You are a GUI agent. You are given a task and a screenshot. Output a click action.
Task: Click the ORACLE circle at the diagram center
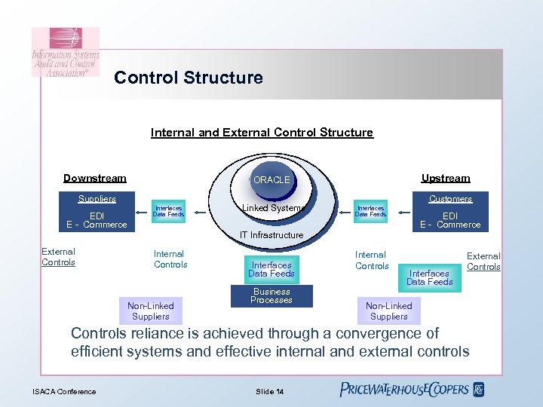[x=271, y=179]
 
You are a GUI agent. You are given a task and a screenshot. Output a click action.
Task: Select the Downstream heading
[x=95, y=179]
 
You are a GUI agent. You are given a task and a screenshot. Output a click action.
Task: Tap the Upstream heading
[x=445, y=179]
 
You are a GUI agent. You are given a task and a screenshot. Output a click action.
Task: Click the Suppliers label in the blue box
[x=97, y=199]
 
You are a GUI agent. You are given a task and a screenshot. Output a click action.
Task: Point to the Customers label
[x=450, y=199]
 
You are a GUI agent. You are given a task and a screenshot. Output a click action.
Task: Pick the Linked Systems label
[x=273, y=208]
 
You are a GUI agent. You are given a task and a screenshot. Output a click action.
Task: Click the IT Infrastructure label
[x=271, y=235]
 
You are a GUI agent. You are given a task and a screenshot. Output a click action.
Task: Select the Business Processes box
[x=271, y=295]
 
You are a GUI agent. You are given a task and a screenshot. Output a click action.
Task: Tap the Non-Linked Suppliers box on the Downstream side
[x=150, y=311]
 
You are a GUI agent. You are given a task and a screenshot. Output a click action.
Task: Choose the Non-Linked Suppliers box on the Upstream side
[x=388, y=311]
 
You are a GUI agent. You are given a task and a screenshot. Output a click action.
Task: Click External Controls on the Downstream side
[x=58, y=257]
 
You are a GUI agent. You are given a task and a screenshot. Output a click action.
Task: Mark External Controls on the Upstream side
[x=483, y=262]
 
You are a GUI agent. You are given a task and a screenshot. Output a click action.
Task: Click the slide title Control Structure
[x=189, y=78]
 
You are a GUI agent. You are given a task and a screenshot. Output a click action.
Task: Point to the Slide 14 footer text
[x=269, y=391]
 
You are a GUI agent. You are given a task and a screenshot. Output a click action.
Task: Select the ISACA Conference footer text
[x=64, y=391]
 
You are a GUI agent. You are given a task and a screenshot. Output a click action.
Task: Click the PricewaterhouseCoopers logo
[x=412, y=390]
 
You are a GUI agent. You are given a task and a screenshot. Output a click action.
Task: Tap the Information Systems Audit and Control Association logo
[x=65, y=53]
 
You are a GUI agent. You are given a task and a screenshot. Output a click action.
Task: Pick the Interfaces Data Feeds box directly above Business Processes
[x=271, y=269]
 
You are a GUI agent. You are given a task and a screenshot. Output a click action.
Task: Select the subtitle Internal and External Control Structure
[x=262, y=133]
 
